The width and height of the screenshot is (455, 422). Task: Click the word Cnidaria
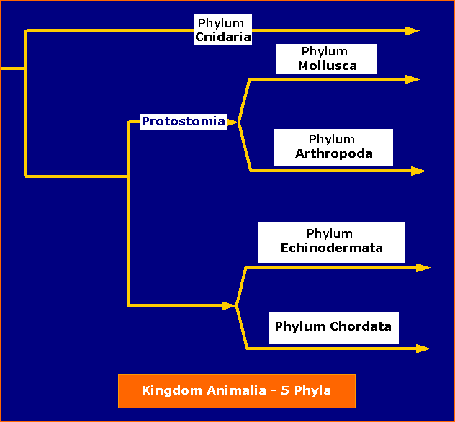(223, 37)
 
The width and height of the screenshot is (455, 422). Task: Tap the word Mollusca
(328, 66)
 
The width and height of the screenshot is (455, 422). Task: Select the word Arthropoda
(334, 153)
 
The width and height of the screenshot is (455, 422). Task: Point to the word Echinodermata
(332, 248)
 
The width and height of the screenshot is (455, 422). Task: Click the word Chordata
(361, 326)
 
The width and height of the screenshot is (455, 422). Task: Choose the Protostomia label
(184, 121)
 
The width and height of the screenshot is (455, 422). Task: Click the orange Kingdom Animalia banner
(237, 391)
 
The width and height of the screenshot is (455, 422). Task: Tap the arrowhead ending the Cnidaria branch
(413, 30)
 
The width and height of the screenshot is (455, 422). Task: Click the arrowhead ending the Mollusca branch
(413, 79)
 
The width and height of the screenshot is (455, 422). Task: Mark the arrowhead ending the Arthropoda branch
(418, 171)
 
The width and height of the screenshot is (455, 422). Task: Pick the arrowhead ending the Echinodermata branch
(423, 268)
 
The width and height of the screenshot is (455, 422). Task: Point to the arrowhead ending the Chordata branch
(423, 349)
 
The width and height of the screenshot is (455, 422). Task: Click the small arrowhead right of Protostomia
(233, 122)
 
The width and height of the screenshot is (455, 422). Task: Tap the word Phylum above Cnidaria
(221, 23)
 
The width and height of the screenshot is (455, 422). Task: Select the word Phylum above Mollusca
(325, 51)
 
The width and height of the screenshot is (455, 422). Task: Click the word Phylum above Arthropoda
(332, 139)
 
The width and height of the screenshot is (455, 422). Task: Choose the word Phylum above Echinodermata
(329, 233)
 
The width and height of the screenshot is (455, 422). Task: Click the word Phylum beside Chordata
(299, 327)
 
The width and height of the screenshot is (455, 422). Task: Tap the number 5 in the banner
(284, 390)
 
